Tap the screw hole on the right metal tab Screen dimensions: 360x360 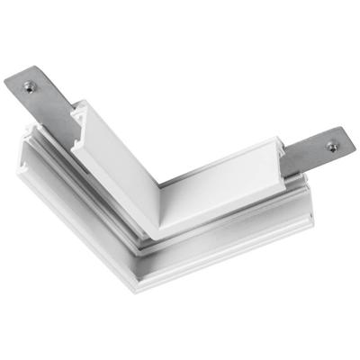[331, 146]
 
